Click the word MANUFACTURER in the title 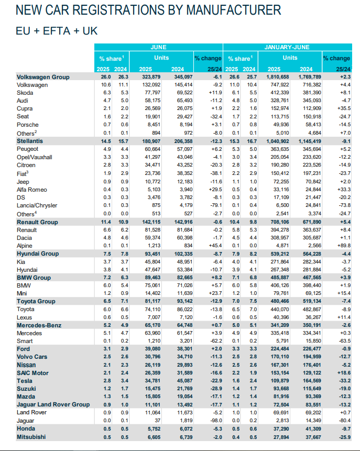click(x=233, y=10)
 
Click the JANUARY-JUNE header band click(x=288, y=47)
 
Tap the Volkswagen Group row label click(x=43, y=77)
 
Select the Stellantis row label click(x=30, y=141)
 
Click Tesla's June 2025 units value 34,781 click(x=151, y=380)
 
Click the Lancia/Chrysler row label click(x=37, y=205)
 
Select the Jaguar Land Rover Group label click(x=53, y=404)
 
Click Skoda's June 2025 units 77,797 click(x=151, y=93)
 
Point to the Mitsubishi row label click(x=31, y=437)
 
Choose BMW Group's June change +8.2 click(x=216, y=278)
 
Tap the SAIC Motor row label click(x=32, y=373)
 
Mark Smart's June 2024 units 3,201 click(x=185, y=341)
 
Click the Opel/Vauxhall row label click(x=34, y=157)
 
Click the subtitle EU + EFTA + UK click(x=57, y=31)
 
